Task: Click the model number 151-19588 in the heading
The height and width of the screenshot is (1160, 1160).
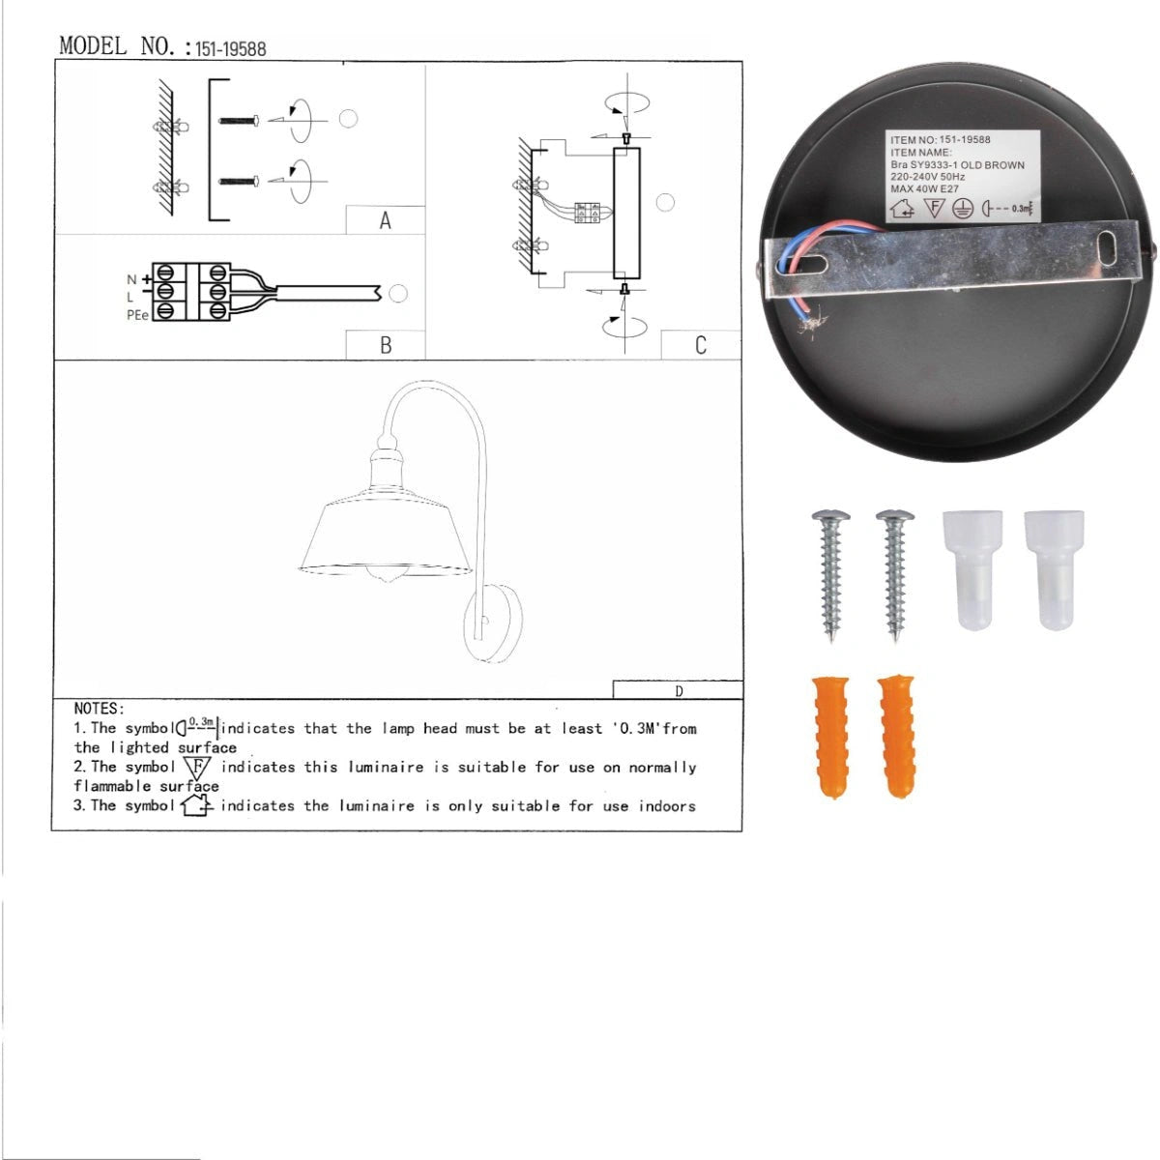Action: coord(231,48)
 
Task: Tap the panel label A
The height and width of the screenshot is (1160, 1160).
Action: coord(386,221)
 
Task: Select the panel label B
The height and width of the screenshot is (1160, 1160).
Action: coord(386,345)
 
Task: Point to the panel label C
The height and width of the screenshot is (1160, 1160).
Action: coord(700,345)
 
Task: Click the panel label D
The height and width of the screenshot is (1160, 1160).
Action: coord(679,691)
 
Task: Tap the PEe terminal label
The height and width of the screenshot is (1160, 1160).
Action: coord(137,315)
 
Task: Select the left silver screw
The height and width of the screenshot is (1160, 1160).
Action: coord(830,575)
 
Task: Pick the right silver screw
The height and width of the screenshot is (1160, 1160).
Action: coord(895,575)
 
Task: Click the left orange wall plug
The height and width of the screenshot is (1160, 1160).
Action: coord(830,737)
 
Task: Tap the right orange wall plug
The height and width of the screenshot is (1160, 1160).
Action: coord(896,737)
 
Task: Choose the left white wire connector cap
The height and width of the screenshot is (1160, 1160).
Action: coord(972,569)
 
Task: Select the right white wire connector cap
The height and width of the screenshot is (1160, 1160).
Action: coord(1054,569)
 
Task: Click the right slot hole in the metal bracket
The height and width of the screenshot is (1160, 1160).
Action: coord(1107,248)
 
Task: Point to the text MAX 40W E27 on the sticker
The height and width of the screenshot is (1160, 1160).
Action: coord(925,189)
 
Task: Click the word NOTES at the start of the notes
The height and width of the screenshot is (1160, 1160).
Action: coord(99,709)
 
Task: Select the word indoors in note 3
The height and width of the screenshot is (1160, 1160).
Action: coord(667,806)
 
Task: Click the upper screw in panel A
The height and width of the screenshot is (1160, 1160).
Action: coord(239,121)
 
